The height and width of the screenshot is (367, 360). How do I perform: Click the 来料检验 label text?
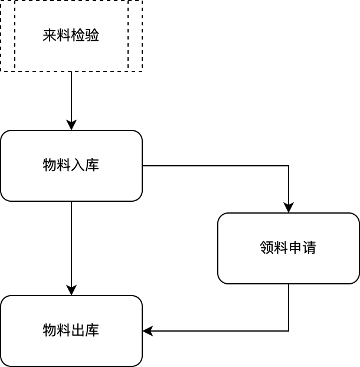point(71,35)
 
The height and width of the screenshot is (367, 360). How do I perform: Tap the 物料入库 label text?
point(71,165)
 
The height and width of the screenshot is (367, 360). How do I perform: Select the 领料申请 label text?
point(288,247)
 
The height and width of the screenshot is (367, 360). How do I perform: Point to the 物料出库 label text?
point(71,330)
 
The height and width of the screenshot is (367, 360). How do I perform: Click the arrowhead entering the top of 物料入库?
point(71,125)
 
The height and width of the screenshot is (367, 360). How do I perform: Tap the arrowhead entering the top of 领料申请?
point(289,208)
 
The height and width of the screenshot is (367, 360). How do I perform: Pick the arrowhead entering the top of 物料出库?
point(71,290)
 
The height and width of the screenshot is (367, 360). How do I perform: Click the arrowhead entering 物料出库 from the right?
point(148,331)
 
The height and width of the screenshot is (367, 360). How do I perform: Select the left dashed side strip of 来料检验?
point(8,35)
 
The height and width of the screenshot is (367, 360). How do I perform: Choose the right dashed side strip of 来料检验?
point(135,35)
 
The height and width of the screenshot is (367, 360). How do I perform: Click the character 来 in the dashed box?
point(50,35)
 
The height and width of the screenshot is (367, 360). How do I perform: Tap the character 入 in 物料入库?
point(78,165)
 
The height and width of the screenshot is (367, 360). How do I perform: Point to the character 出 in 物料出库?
point(78,330)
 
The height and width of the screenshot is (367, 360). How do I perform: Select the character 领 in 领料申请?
point(267,247)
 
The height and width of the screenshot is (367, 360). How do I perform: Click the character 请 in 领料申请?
point(309,247)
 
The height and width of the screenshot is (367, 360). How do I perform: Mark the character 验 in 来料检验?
point(92,35)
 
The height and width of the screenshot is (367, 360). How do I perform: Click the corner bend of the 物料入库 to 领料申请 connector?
point(289,166)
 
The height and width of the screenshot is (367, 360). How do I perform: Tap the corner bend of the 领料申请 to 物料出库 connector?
point(289,331)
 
